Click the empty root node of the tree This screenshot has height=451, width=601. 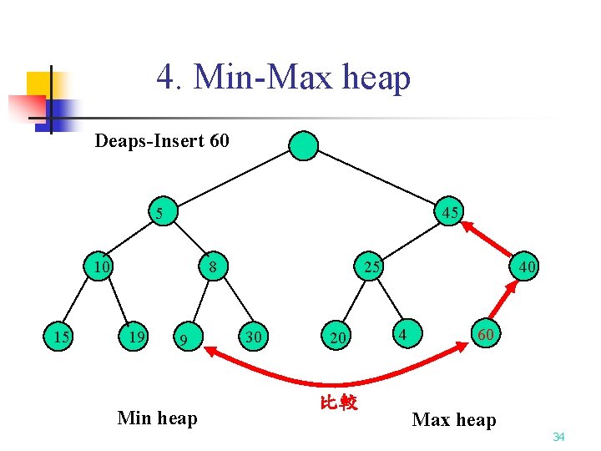304,145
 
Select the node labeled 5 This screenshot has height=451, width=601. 159,212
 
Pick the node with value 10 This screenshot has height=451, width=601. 102,267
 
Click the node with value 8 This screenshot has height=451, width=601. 214,267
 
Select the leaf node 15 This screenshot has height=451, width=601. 60,337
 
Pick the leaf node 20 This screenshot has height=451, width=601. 337,337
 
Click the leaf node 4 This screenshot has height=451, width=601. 403,335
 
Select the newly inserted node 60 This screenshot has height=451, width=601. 485,335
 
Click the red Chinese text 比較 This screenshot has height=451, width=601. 339,403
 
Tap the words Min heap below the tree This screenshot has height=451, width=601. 158,418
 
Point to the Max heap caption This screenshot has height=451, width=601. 454,419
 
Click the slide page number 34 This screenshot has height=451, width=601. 558,437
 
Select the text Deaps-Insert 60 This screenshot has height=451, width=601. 162,140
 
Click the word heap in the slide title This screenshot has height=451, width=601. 377,79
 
